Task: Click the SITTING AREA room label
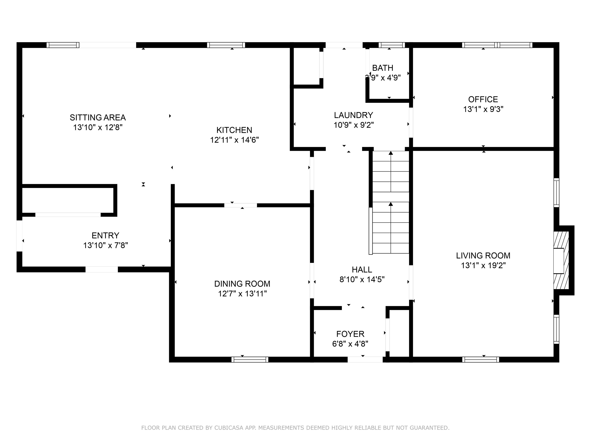(x=98, y=117)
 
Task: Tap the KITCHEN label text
(x=234, y=130)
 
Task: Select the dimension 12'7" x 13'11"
(x=242, y=294)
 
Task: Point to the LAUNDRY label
(x=353, y=115)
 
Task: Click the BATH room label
(x=383, y=68)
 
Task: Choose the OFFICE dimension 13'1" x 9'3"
(x=483, y=109)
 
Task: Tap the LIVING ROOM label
(x=483, y=256)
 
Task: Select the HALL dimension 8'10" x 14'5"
(x=362, y=280)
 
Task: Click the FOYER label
(x=350, y=334)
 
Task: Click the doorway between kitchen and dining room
(x=240, y=205)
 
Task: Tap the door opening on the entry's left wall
(x=19, y=236)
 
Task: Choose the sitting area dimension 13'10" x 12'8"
(x=98, y=127)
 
